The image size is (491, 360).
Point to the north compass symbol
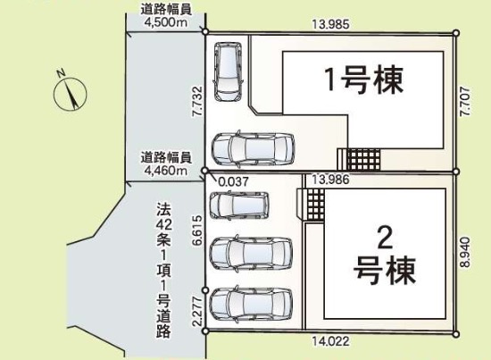tap(70, 92)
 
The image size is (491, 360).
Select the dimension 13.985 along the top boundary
tap(331, 25)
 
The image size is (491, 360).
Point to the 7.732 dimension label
tap(197, 102)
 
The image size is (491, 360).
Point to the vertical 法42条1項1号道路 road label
tap(164, 265)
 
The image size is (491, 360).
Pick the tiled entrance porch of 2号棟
tap(312, 205)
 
